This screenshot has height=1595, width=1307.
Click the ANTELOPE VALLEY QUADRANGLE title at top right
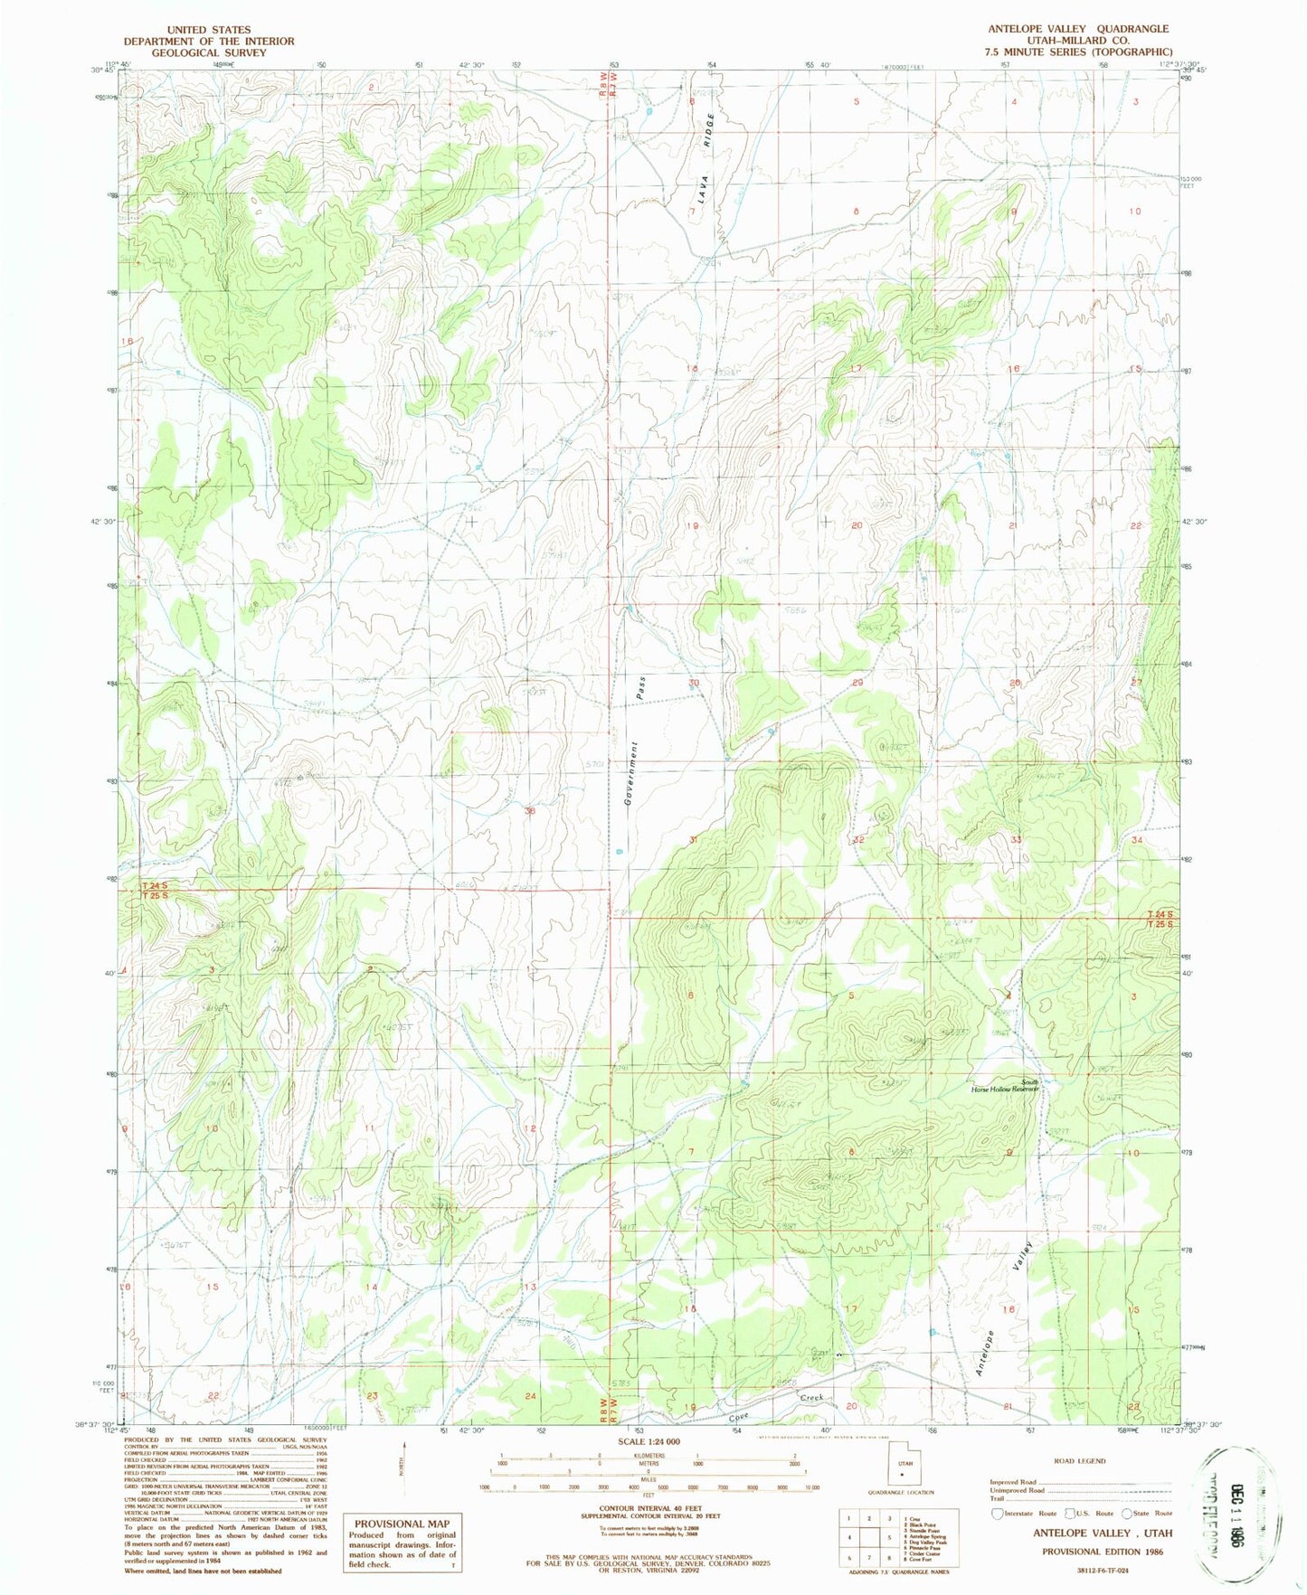pos(1078,29)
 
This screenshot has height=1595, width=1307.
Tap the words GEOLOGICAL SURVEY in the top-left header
pos(209,52)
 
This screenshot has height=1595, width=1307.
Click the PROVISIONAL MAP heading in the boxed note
pos(402,1524)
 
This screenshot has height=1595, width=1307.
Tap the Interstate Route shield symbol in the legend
pos(997,1514)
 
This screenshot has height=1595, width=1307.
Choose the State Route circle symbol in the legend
pos(1126,1514)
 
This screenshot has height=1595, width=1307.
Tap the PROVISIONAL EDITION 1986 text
pos(1103,1552)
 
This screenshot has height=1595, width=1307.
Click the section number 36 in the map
pos(531,811)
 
